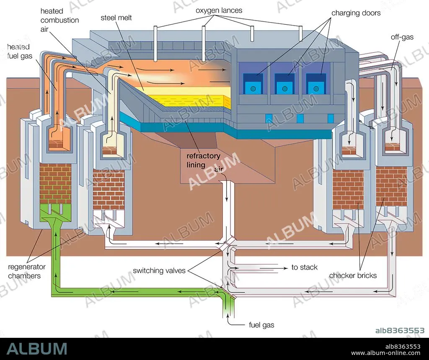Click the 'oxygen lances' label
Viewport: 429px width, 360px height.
point(219,10)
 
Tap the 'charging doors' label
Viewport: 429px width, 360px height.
point(356,13)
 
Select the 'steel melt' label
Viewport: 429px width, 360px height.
point(116,18)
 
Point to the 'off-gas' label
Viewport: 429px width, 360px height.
point(402,37)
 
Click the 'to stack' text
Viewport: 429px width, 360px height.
point(304,267)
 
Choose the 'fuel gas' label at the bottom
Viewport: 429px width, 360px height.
point(261,325)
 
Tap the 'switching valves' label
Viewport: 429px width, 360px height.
point(159,270)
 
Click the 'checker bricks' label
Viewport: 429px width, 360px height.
point(353,275)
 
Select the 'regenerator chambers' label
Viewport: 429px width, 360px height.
point(26,271)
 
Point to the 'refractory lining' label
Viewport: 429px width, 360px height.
point(203,160)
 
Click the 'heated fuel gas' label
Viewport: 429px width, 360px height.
point(19,51)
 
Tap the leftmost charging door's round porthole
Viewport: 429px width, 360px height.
point(253,89)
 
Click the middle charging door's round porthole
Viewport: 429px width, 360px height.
point(284,89)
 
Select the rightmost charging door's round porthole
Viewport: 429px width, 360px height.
point(316,89)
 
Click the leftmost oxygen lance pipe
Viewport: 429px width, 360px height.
point(155,44)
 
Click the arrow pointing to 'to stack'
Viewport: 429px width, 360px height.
point(274,268)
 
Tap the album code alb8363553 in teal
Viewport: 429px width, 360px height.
point(400,330)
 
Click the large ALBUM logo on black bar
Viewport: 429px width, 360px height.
point(37,349)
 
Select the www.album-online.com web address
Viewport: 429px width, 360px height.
point(386,353)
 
